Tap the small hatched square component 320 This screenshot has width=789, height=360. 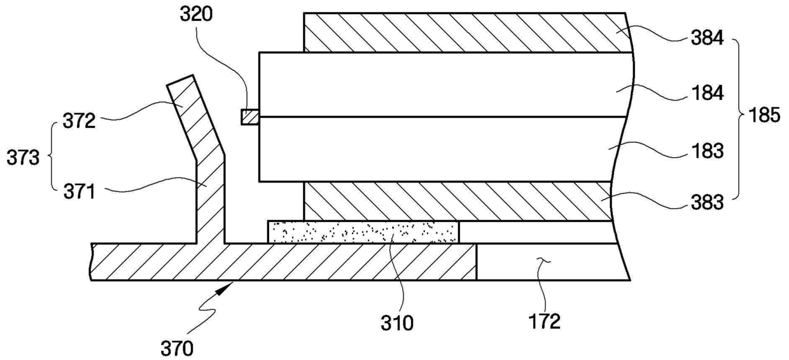coord(249,117)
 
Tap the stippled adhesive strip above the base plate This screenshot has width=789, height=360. coord(363,232)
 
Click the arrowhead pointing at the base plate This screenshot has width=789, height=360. coord(225,288)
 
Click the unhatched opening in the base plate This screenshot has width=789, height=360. coord(547,261)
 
